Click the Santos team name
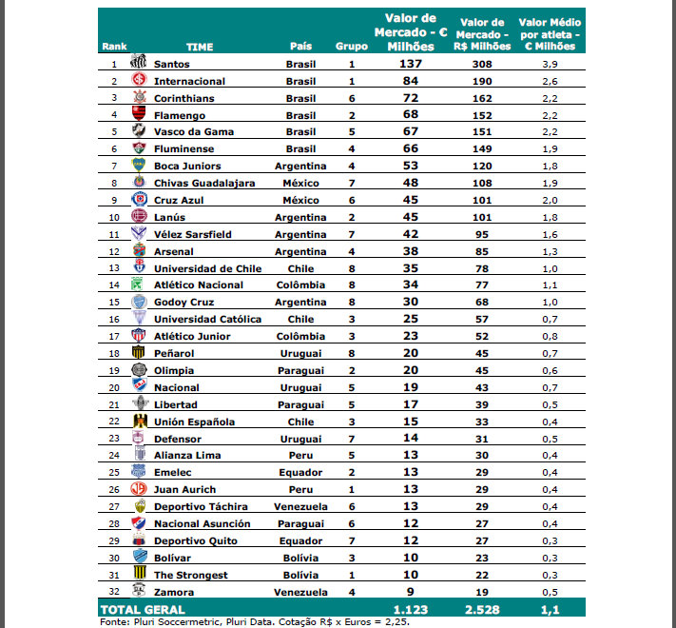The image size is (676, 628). [x=171, y=64]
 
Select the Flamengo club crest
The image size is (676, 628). [x=139, y=115]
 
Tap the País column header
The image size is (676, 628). [x=300, y=46]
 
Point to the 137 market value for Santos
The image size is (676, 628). [x=410, y=64]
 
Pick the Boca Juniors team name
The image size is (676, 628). [x=187, y=167]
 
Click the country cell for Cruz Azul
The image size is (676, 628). [x=300, y=200]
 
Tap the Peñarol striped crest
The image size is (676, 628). [x=139, y=353]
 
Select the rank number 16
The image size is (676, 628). [x=113, y=319]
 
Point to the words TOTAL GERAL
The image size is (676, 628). [x=144, y=609]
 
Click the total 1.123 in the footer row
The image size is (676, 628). [x=411, y=609]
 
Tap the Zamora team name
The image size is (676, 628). [x=173, y=592]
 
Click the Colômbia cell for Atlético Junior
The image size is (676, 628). [x=300, y=336]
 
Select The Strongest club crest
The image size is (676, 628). [x=139, y=575]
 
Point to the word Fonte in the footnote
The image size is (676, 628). [x=114, y=622]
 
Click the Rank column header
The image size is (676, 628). [x=114, y=46]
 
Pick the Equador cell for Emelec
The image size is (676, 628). [x=300, y=473]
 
